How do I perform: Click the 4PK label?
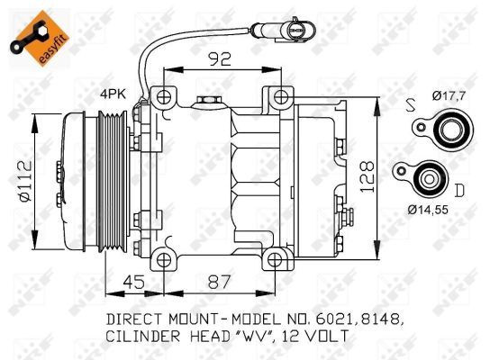(x=113, y=93)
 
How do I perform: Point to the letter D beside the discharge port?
(x=459, y=190)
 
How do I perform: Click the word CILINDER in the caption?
(x=144, y=336)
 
